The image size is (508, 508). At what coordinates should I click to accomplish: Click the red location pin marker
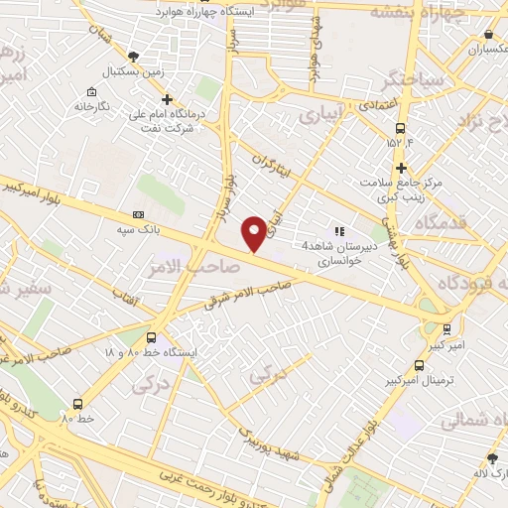tap(255, 231)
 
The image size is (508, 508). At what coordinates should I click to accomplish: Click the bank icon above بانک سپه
tap(138, 213)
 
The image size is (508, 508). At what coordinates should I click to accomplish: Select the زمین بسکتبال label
tap(135, 72)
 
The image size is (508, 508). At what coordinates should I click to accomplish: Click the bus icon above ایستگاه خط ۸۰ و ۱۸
tap(152, 336)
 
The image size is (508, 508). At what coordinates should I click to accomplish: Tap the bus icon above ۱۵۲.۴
tap(400, 128)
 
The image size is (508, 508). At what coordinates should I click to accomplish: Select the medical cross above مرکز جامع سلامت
tap(401, 169)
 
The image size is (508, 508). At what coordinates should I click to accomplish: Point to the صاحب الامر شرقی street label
tap(246, 295)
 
